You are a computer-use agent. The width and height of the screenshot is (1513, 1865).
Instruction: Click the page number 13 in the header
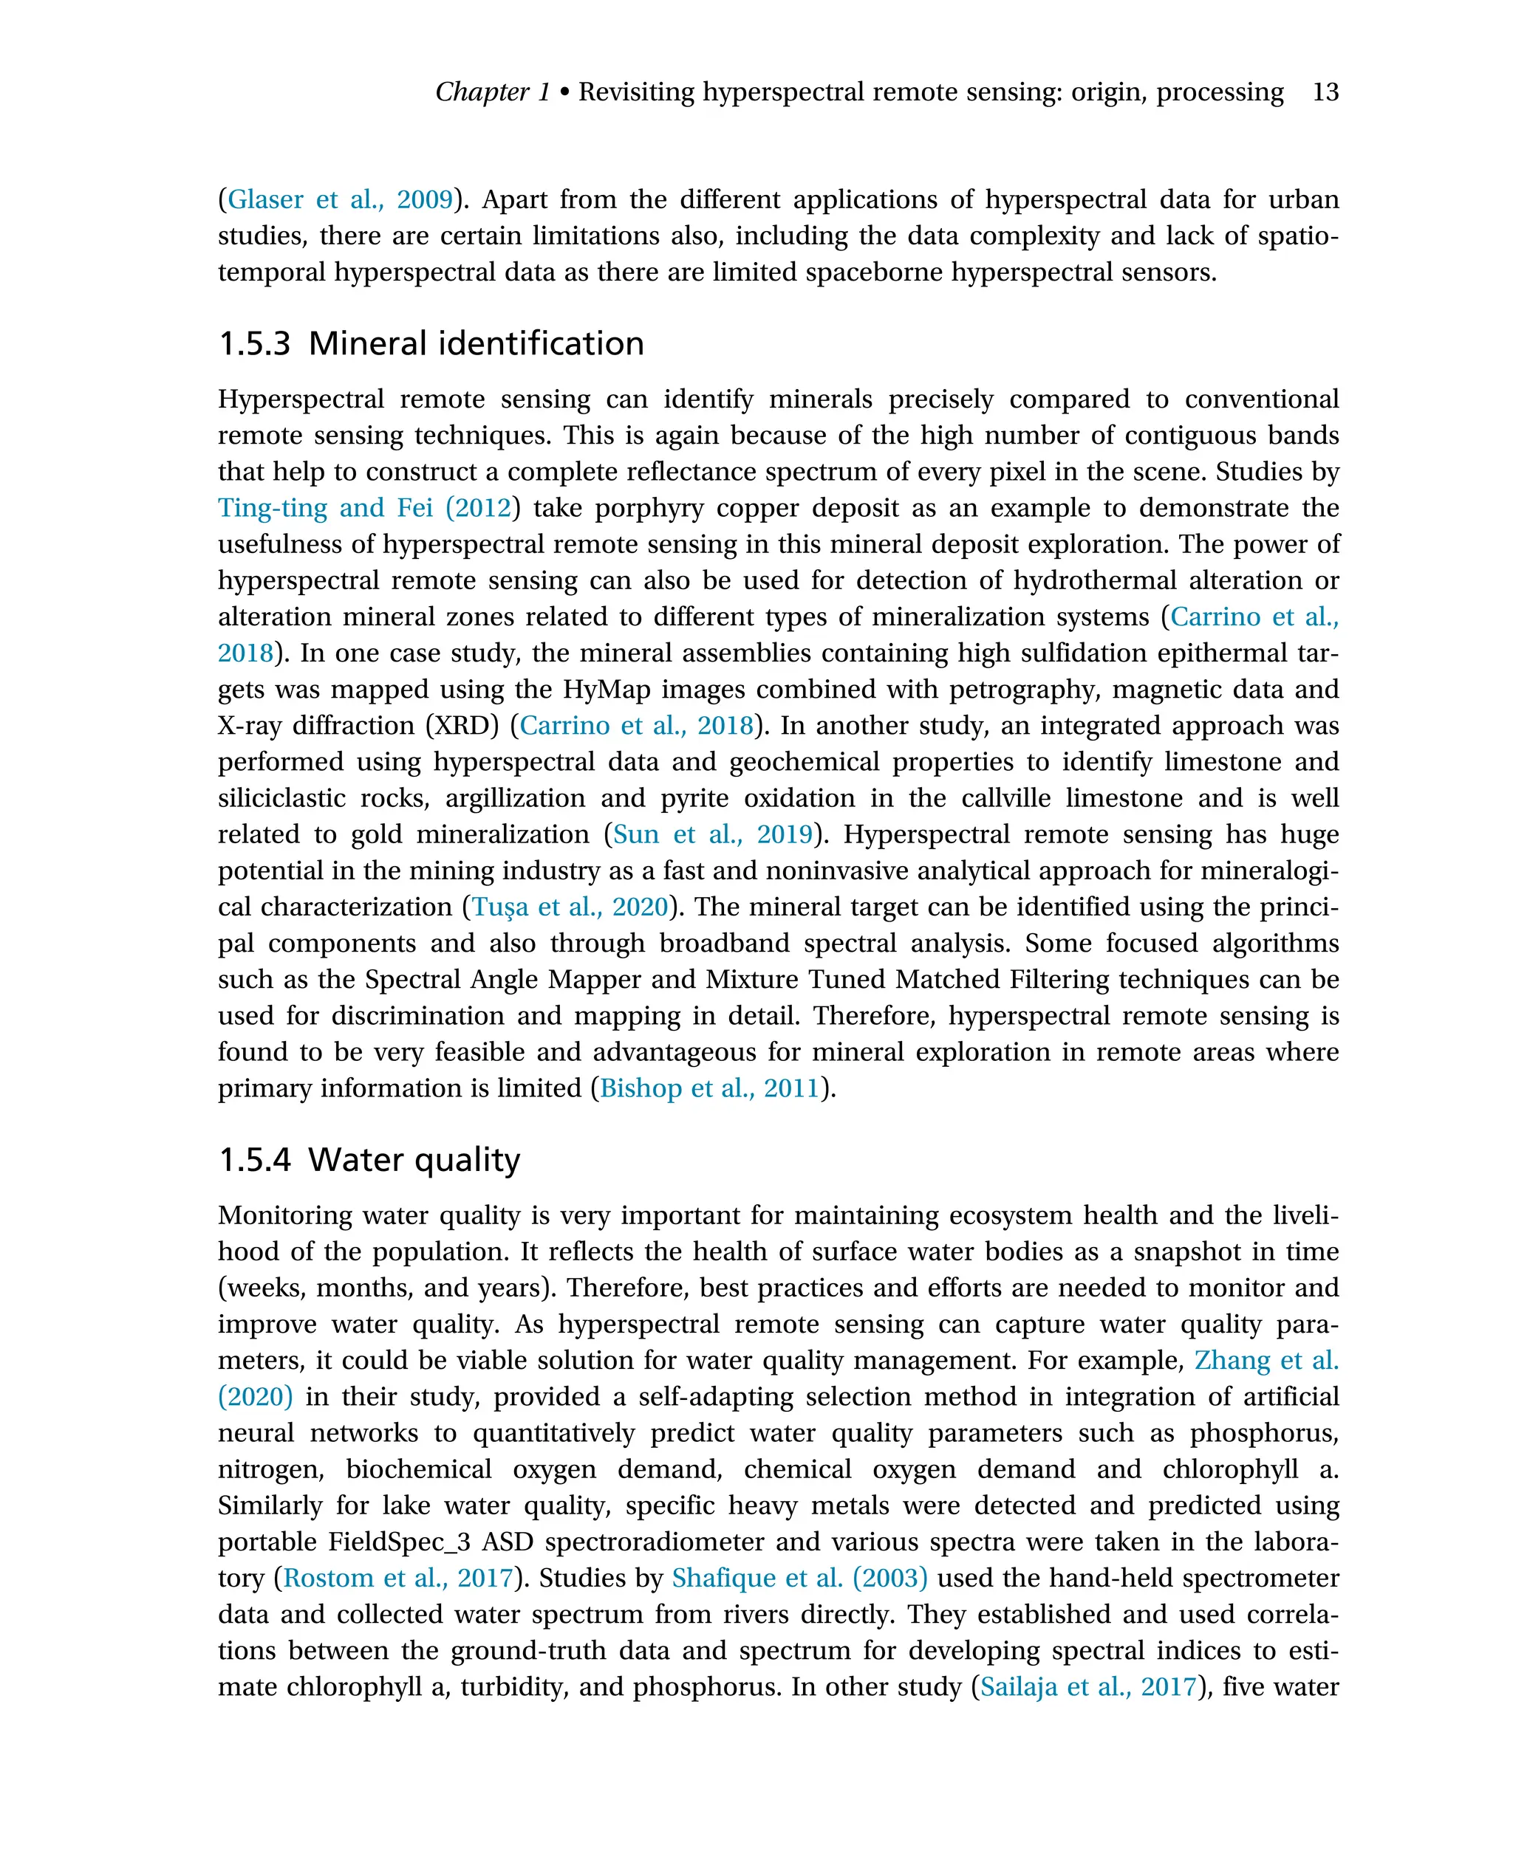click(x=1325, y=92)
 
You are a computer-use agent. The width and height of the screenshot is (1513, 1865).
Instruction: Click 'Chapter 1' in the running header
click(x=493, y=92)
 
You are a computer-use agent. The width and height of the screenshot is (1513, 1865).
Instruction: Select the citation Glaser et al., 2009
click(x=340, y=199)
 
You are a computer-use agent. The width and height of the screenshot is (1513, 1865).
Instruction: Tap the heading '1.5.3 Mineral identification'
click(x=431, y=343)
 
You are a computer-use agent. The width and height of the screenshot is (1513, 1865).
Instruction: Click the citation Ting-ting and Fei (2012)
click(x=364, y=508)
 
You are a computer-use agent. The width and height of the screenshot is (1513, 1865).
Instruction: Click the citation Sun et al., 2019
click(x=712, y=834)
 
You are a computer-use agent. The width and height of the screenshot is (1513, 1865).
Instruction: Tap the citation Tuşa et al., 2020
click(x=570, y=907)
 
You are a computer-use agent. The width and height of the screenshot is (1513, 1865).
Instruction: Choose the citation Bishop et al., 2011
click(x=709, y=1088)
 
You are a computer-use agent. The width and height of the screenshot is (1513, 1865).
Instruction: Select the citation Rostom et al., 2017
click(x=397, y=1578)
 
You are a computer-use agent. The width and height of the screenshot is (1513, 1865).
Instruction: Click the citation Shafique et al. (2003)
click(x=799, y=1578)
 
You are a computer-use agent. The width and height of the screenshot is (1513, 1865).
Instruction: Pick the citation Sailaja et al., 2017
click(x=1087, y=1686)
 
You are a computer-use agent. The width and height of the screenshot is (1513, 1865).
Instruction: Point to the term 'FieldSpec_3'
click(x=399, y=1542)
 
